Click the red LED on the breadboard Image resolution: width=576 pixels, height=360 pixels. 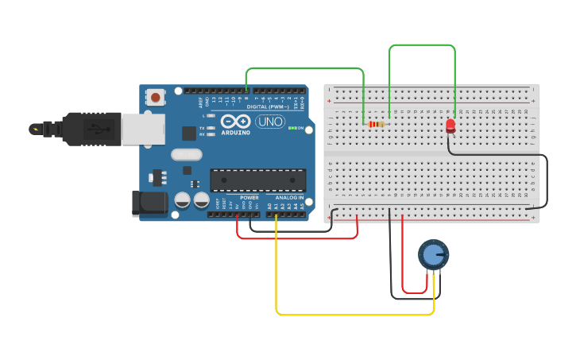click(450, 125)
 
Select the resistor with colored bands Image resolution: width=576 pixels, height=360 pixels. click(376, 124)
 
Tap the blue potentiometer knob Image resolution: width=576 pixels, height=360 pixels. click(432, 254)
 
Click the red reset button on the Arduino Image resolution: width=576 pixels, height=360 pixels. click(156, 98)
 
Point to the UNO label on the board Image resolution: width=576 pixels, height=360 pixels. click(270, 122)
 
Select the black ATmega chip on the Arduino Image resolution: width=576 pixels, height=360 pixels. click(257, 180)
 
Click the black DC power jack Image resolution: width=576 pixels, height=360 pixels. click(149, 203)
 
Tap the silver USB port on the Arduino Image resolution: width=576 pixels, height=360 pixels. click(143, 129)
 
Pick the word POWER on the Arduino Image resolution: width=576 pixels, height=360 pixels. click(249, 197)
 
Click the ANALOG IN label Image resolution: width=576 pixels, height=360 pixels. click(290, 197)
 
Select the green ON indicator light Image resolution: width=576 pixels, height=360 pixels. click(292, 128)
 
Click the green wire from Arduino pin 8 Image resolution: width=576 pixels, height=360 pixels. click(302, 68)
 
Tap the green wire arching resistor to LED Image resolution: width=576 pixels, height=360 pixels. click(422, 45)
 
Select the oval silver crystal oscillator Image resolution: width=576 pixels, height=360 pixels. click(187, 155)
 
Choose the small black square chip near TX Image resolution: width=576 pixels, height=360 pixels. click(189, 133)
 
